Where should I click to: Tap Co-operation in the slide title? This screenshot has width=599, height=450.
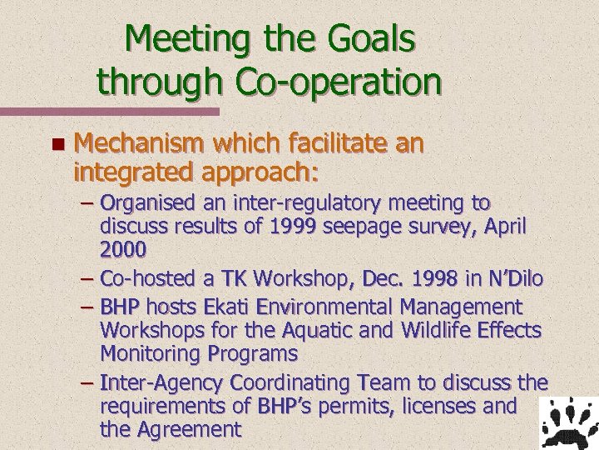pyautogui.click(x=339, y=81)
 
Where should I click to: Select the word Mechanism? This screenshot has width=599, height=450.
pyautogui.click(x=137, y=144)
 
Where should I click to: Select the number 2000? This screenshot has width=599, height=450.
pyautogui.click(x=123, y=248)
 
